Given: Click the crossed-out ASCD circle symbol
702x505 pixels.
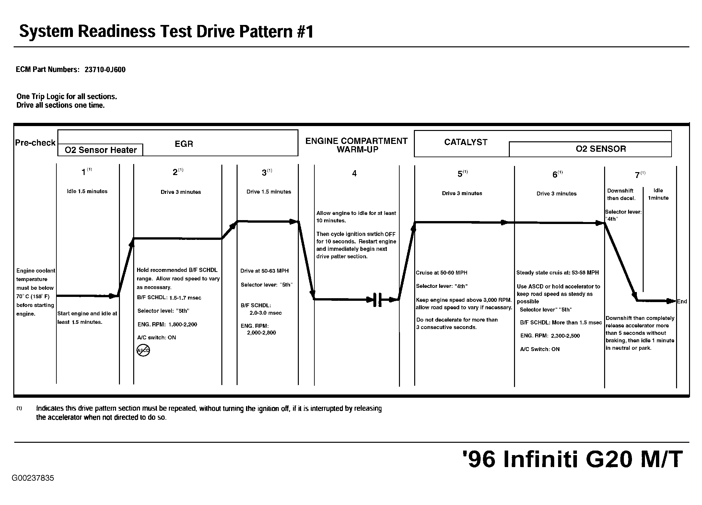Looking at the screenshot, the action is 143,350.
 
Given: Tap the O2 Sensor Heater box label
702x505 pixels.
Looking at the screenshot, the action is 100,150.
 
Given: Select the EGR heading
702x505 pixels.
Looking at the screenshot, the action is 184,144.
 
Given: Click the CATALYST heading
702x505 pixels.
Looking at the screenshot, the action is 466,142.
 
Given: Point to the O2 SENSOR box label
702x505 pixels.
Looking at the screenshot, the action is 601,149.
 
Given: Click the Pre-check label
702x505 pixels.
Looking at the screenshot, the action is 35,143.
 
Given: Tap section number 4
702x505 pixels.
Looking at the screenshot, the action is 354,174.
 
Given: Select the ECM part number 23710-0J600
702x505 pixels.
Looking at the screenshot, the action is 105,70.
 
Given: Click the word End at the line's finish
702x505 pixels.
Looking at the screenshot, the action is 682,301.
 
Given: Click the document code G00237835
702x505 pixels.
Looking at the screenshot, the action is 33,478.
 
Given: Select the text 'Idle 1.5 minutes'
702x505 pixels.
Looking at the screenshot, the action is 87,191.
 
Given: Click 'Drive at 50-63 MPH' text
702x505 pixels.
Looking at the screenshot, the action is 264,271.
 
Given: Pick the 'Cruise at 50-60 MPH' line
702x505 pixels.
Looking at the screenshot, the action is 441,273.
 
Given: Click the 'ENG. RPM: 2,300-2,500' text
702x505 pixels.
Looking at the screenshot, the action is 550,336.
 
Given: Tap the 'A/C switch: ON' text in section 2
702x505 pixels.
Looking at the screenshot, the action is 157,337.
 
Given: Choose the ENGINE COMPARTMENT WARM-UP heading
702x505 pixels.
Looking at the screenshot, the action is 357,145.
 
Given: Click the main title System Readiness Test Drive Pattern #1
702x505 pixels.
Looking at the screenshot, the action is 166,32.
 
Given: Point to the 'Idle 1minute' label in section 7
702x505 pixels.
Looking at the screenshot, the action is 658,194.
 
